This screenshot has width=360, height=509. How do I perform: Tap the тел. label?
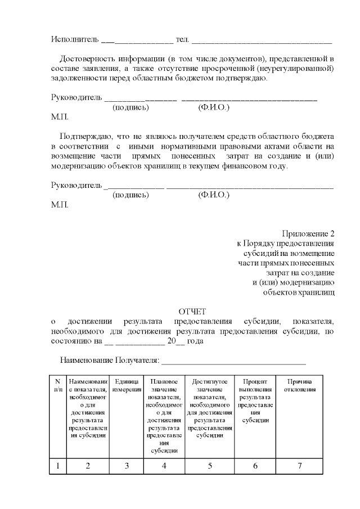(x=183, y=40)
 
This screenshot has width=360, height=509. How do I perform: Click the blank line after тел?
(x=262, y=42)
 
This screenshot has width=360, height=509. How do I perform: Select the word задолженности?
(x=77, y=78)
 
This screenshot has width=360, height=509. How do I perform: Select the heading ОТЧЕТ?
(x=192, y=311)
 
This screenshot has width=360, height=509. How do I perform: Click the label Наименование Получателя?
(x=110, y=360)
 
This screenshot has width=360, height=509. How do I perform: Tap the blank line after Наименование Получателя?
(x=233, y=362)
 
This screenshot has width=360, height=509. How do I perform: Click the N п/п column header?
(x=57, y=385)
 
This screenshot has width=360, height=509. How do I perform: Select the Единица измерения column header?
(x=127, y=385)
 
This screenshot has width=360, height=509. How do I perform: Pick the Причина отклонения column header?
(x=300, y=385)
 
